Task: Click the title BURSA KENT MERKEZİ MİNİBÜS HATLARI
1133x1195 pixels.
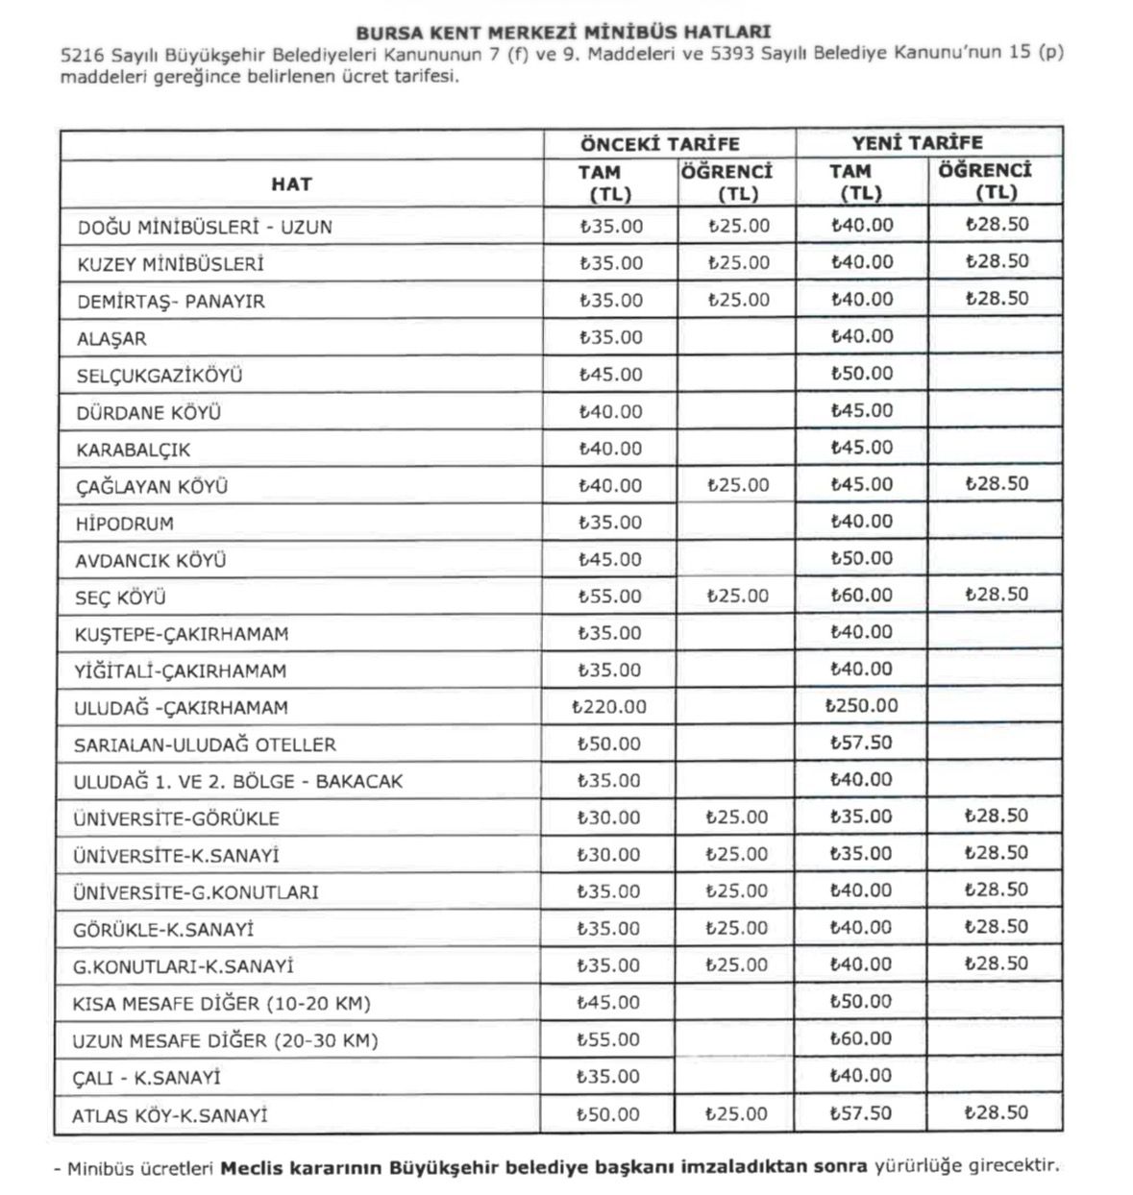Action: click(563, 32)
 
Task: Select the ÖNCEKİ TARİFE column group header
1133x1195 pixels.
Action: click(659, 144)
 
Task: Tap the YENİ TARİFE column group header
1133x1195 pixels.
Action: click(917, 143)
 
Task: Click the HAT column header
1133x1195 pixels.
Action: click(291, 183)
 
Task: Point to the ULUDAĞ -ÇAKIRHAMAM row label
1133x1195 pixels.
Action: click(181, 708)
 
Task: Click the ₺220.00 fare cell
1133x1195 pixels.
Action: click(609, 707)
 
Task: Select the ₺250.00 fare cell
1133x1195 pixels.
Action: click(862, 706)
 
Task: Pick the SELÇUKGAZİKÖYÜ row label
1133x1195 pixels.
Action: click(160, 376)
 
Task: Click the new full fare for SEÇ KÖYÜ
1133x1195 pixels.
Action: click(862, 595)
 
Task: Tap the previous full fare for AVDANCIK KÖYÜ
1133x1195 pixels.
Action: click(610, 559)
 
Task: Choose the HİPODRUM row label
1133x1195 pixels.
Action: click(125, 524)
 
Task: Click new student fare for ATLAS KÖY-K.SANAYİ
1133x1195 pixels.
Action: click(996, 1112)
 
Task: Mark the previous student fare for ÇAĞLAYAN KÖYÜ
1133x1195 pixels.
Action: click(737, 485)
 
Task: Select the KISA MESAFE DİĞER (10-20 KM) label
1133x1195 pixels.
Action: click(221, 1004)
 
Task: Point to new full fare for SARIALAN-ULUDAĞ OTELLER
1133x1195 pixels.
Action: click(862, 743)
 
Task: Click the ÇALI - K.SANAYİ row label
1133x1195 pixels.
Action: click(146, 1078)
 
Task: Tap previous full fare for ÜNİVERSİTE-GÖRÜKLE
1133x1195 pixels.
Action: click(608, 817)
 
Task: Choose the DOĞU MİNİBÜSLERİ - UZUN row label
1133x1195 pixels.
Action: click(205, 228)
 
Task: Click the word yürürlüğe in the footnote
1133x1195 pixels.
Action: click(916, 1166)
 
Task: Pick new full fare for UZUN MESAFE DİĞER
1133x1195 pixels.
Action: click(861, 1038)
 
